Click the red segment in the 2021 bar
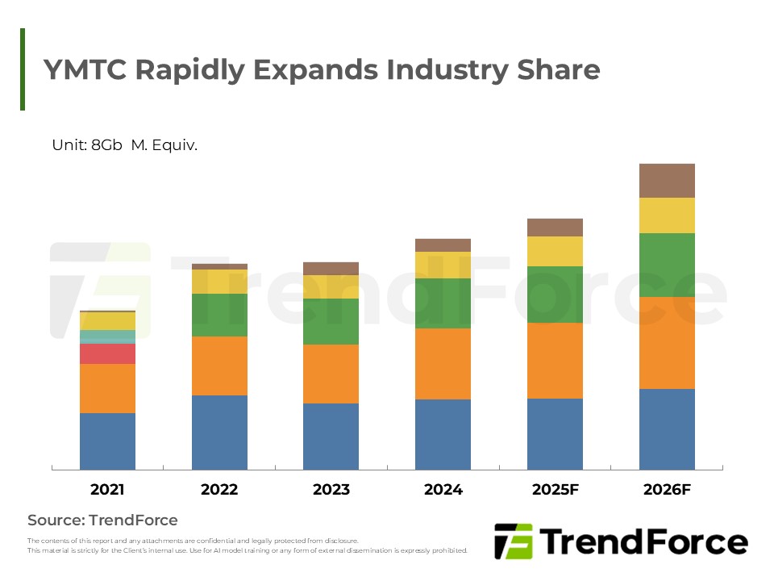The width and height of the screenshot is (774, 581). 107,353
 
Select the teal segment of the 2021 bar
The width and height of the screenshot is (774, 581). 107,336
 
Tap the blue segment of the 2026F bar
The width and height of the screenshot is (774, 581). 667,429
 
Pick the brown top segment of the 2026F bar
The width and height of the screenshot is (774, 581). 667,181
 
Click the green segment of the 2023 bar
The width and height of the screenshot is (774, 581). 331,322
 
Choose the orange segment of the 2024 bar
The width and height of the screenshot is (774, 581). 443,364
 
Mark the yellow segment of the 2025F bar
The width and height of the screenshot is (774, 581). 555,251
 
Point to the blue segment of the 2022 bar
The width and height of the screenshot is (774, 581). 219,433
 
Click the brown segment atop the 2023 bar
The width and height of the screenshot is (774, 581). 331,269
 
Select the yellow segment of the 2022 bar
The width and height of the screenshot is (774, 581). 219,282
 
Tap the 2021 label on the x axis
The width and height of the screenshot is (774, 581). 107,490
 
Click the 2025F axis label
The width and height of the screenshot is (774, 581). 555,490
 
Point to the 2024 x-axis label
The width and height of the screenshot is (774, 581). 443,490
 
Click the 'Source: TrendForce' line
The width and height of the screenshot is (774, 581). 102,520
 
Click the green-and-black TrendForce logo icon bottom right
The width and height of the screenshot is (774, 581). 513,541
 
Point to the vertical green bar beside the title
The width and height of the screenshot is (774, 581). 23,69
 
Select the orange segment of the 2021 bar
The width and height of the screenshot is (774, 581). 107,388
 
